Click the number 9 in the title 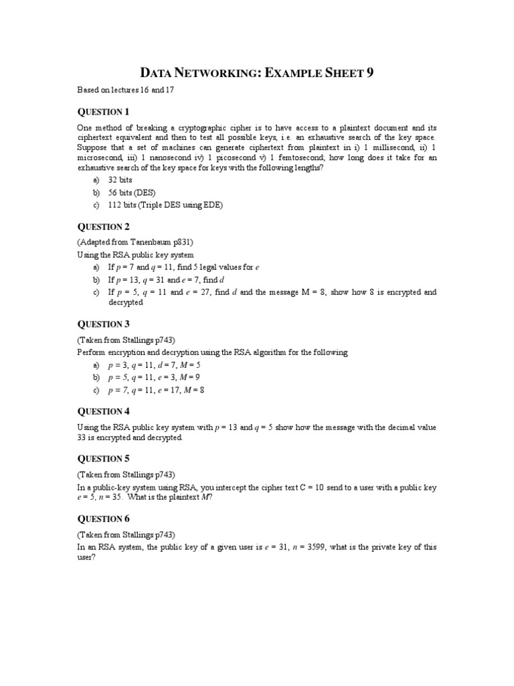(x=369, y=73)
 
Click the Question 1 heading (x=103, y=112)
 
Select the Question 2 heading (x=103, y=226)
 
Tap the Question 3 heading (x=103, y=324)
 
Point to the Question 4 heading (x=103, y=411)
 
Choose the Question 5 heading (x=103, y=459)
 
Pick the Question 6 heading (x=103, y=519)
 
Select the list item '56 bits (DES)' (x=131, y=193)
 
